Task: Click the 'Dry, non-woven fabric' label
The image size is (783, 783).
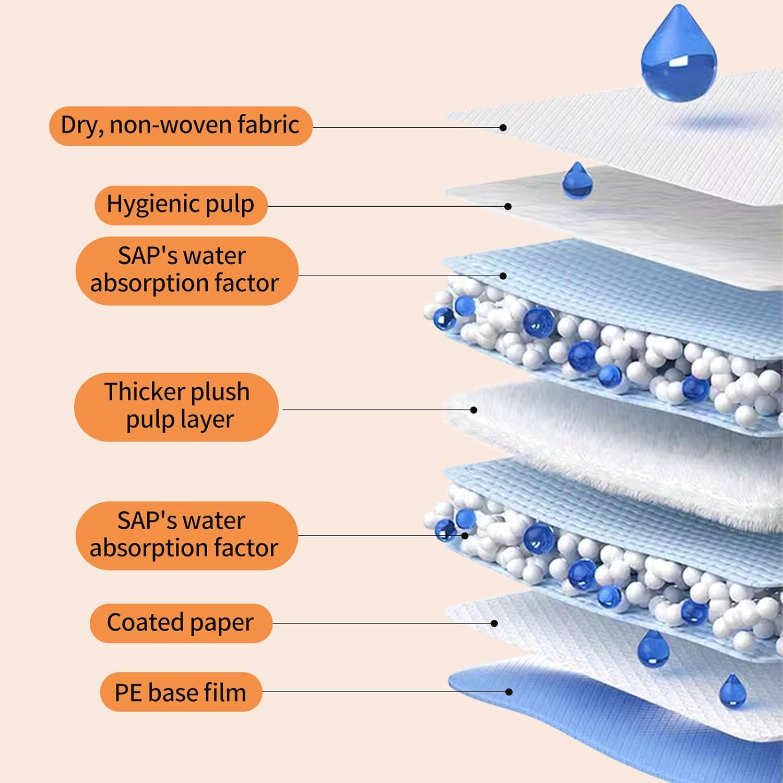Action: click(x=181, y=126)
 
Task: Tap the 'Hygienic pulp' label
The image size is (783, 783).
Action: click(x=181, y=205)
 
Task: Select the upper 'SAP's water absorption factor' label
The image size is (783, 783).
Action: click(x=186, y=270)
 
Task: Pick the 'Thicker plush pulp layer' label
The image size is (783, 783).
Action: click(x=176, y=407)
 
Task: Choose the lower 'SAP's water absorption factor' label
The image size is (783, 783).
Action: click(x=186, y=535)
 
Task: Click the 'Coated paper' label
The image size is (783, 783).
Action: click(x=181, y=623)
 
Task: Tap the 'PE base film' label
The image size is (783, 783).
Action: click(x=181, y=692)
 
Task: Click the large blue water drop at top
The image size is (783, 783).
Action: click(x=679, y=57)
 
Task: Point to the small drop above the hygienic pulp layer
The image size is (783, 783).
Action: click(x=577, y=181)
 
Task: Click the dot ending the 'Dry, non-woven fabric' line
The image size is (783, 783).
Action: click(x=503, y=127)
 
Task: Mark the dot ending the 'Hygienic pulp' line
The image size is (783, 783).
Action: click(x=508, y=207)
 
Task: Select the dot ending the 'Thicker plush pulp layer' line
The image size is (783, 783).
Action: click(x=473, y=410)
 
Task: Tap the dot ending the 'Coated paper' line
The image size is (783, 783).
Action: click(x=494, y=623)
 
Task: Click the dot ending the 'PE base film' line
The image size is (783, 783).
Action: click(x=509, y=692)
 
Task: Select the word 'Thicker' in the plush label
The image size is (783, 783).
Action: click(x=137, y=391)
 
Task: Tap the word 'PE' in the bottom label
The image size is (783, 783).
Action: click(x=128, y=693)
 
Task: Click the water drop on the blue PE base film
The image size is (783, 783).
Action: click(x=732, y=691)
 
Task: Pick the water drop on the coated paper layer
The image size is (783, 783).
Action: click(x=653, y=649)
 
